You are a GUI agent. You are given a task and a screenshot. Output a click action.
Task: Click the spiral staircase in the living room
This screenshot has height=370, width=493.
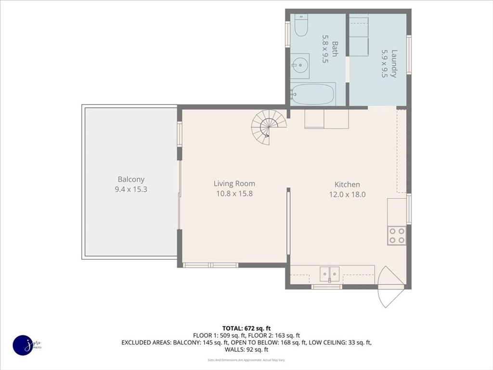pos(268,127)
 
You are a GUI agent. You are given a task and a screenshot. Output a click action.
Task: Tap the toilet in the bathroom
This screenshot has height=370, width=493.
pos(301,26)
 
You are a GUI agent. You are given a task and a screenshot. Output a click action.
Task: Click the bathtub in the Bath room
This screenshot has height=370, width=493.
pos(313,94)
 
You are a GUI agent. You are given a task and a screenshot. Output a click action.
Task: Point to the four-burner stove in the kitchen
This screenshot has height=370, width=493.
pos(397,235)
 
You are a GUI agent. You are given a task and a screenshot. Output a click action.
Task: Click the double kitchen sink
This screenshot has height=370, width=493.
pos(329,274)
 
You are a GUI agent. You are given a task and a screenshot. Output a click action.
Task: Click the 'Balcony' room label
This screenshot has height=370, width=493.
pos(131,179)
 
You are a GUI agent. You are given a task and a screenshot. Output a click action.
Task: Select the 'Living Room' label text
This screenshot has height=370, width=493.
pos(234,184)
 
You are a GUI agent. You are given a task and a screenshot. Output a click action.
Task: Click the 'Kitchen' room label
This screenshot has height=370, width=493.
pos(347,185)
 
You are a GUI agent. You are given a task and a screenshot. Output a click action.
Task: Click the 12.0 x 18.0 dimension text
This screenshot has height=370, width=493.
pos(347,195)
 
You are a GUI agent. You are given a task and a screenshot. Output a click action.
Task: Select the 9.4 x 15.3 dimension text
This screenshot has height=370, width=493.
pos(131,189)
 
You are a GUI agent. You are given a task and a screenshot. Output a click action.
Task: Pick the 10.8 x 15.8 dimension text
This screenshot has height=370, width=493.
pos(234,194)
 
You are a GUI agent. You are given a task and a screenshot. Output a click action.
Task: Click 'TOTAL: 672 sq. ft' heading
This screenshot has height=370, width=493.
pos(249,328)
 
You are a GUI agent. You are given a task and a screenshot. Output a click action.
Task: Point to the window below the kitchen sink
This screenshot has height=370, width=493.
pos(326,287)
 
